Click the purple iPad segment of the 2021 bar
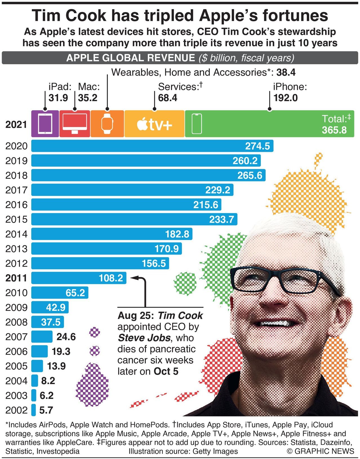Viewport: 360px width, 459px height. click(x=45, y=124)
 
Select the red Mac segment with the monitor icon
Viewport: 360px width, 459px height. click(x=75, y=124)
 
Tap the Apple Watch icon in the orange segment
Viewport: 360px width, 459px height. click(x=107, y=124)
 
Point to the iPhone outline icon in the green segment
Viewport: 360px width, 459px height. click(x=197, y=124)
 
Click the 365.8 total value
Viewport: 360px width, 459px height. click(x=334, y=130)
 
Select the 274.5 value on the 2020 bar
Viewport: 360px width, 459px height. click(x=257, y=146)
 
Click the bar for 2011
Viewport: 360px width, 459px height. click(x=79, y=278)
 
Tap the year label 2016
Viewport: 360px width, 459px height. click(x=16, y=205)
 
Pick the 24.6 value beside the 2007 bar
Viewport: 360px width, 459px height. click(x=66, y=337)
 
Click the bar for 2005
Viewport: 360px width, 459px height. click(x=37, y=366)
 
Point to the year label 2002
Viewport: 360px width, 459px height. click(x=16, y=410)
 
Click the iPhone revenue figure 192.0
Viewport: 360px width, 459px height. click(x=285, y=98)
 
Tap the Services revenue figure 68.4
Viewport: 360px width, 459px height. click(x=168, y=98)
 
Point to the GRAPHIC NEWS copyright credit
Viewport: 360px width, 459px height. click(x=320, y=451)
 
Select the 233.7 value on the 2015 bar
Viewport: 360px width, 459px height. click(x=221, y=220)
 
